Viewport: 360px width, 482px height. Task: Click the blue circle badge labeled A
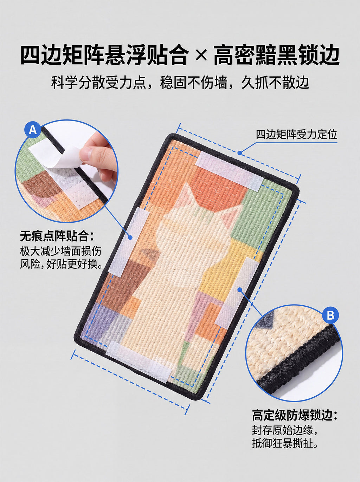point(33,130)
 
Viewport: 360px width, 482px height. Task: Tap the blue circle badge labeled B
point(330,315)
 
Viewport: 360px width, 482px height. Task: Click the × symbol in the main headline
point(201,56)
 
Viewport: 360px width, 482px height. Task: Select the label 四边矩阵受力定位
point(296,135)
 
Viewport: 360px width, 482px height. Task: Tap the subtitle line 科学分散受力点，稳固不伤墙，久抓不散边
point(180,83)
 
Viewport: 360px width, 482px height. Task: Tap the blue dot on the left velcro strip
point(130,237)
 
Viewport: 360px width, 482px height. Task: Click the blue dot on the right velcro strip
point(240,290)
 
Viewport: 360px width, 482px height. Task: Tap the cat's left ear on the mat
point(188,193)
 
